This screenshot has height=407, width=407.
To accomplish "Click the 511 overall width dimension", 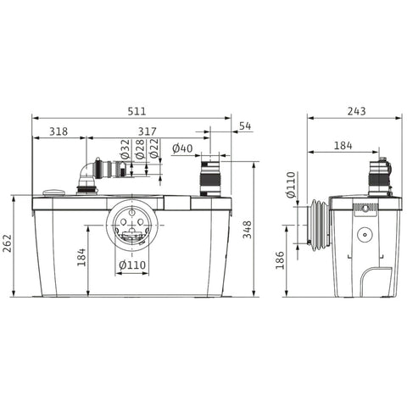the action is pyautogui.click(x=137, y=111).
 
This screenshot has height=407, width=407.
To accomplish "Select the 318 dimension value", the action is pyautogui.click(x=59, y=131).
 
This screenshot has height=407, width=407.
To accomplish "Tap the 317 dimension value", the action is pyautogui.click(x=148, y=131).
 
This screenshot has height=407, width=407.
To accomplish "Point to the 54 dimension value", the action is pyautogui.click(x=245, y=126).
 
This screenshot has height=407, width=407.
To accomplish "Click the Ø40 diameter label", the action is pyautogui.click(x=182, y=148).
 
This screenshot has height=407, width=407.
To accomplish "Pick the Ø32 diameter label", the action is pyautogui.click(x=125, y=149).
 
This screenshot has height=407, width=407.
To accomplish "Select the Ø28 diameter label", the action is pyautogui.click(x=140, y=149).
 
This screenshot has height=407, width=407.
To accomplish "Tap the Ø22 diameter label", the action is pyautogui.click(x=154, y=149).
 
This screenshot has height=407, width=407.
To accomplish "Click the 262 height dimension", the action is pyautogui.click(x=7, y=243).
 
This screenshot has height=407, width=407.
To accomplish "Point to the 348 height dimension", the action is pyautogui.click(x=247, y=230).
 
